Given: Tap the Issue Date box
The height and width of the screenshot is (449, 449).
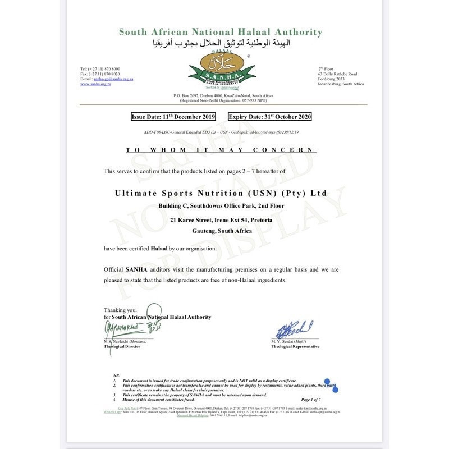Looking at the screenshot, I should pyautogui.click(x=173, y=117).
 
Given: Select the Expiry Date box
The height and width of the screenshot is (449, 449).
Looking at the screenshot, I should pyautogui.click(x=269, y=117).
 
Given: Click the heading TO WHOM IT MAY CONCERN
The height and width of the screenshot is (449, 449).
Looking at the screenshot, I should pyautogui.click(x=221, y=150).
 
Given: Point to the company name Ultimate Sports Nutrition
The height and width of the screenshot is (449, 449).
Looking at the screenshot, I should pyautogui.click(x=221, y=193).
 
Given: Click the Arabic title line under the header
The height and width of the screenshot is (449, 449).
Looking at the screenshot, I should pyautogui.click(x=221, y=43).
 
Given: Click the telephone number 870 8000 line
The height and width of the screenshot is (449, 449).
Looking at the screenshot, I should pyautogui.click(x=100, y=69).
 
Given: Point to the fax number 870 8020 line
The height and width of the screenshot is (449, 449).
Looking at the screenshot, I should pyautogui.click(x=100, y=74).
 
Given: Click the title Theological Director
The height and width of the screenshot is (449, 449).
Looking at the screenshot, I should pyautogui.click(x=122, y=347).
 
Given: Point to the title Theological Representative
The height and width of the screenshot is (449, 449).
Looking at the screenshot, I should pyautogui.click(x=295, y=347).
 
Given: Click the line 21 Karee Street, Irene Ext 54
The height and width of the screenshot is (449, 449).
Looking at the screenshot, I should pyautogui.click(x=221, y=221).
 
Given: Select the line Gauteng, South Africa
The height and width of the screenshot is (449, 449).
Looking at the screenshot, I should pyautogui.click(x=221, y=231).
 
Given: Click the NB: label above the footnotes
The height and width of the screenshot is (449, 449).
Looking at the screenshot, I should pyautogui.click(x=117, y=375).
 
